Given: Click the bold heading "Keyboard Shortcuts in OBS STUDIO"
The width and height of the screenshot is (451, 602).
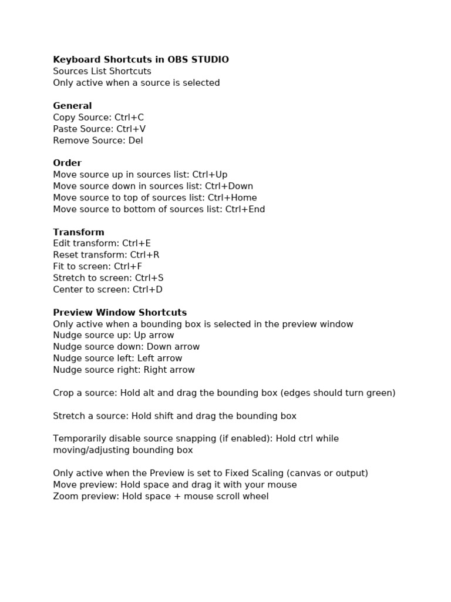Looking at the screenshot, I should (x=141, y=59).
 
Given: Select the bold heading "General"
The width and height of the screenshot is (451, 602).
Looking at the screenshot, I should (x=72, y=106).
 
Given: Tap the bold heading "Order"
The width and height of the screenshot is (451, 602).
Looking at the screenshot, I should (x=67, y=163).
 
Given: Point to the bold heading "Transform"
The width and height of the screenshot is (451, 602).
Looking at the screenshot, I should (x=79, y=232).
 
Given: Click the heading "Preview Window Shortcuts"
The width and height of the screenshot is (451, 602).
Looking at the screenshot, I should (x=120, y=313).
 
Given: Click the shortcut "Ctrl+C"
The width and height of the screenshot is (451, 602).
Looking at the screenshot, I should (x=129, y=118).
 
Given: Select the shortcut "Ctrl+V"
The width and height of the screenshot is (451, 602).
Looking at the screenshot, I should (x=131, y=129).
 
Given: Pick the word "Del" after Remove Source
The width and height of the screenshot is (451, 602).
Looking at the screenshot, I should (x=136, y=141).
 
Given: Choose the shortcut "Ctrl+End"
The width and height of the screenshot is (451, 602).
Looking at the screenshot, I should (x=245, y=209).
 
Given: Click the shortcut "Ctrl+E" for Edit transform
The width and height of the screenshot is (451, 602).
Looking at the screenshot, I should (x=137, y=243).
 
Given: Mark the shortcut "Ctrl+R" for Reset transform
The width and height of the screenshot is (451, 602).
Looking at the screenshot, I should (x=145, y=255).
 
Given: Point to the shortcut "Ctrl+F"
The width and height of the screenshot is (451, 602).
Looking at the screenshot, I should (x=128, y=266).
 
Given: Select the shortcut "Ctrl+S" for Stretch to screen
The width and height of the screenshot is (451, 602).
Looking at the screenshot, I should (x=149, y=278).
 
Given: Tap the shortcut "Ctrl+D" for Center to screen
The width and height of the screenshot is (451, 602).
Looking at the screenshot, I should (x=147, y=290).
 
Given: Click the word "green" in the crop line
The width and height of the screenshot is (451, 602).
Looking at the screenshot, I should (x=379, y=393).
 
